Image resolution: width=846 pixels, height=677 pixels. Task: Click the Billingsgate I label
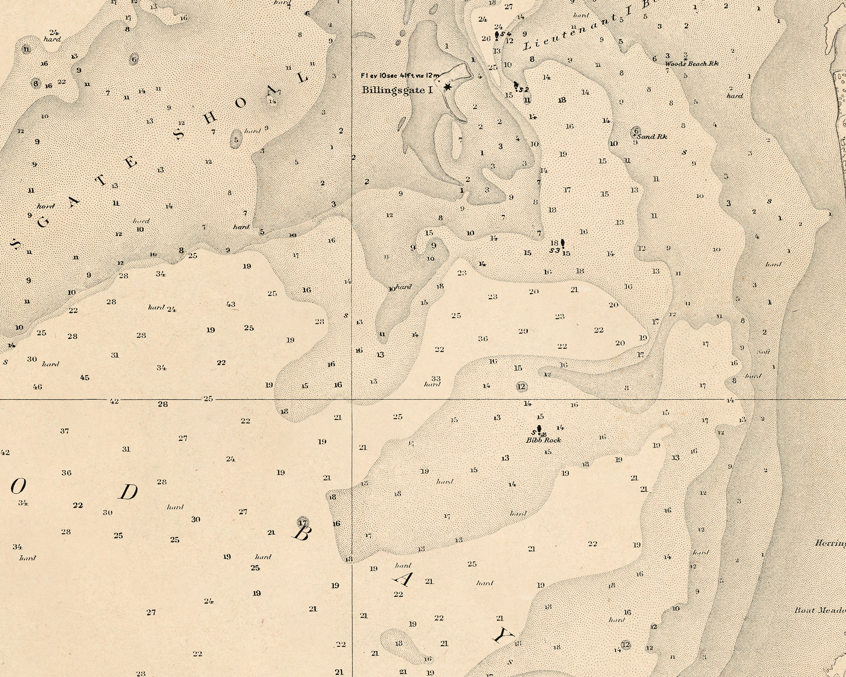[x=397, y=90]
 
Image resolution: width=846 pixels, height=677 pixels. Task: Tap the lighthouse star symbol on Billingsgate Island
[x=447, y=87]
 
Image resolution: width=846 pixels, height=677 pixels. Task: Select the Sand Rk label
[x=652, y=136]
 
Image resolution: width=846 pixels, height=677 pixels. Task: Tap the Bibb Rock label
[x=544, y=440]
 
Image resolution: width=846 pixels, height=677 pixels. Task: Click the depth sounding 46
[x=37, y=387]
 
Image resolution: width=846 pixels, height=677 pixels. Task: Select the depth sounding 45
[x=84, y=378]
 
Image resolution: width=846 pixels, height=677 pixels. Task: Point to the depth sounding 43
[x=231, y=304]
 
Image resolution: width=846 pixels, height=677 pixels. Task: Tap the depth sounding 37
[x=65, y=431]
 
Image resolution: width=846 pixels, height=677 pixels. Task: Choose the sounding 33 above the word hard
[x=436, y=378]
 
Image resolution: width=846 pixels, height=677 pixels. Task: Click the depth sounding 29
[x=523, y=331]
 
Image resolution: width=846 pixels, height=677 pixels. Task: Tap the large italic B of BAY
[x=301, y=532]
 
